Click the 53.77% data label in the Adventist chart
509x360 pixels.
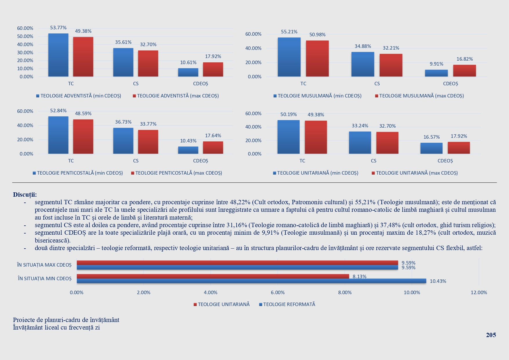[x=58, y=28]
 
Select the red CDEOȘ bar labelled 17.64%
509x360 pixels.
[x=213, y=147]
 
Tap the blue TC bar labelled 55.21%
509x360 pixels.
[x=289, y=57]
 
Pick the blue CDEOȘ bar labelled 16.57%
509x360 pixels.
[x=431, y=148]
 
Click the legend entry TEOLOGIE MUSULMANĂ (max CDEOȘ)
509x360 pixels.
[x=421, y=96]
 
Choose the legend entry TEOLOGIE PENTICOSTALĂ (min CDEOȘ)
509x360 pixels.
[x=80, y=173]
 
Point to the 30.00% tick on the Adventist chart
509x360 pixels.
[x=25, y=53]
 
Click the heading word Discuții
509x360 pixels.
[x=25, y=195]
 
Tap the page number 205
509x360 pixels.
[x=491, y=335]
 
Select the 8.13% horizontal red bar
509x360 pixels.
[x=213, y=276]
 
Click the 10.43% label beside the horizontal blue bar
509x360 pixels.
[x=438, y=281]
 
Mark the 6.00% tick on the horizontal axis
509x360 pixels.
[x=278, y=292]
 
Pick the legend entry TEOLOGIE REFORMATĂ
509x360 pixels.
[x=289, y=304]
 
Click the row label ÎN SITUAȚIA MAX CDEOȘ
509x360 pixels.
[x=44, y=265]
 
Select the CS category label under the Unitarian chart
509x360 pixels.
[x=373, y=161]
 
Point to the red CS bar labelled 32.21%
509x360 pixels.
[x=391, y=65]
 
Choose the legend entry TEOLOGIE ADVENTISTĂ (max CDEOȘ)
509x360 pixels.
[x=178, y=96]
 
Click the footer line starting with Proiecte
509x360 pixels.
[x=66, y=320]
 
